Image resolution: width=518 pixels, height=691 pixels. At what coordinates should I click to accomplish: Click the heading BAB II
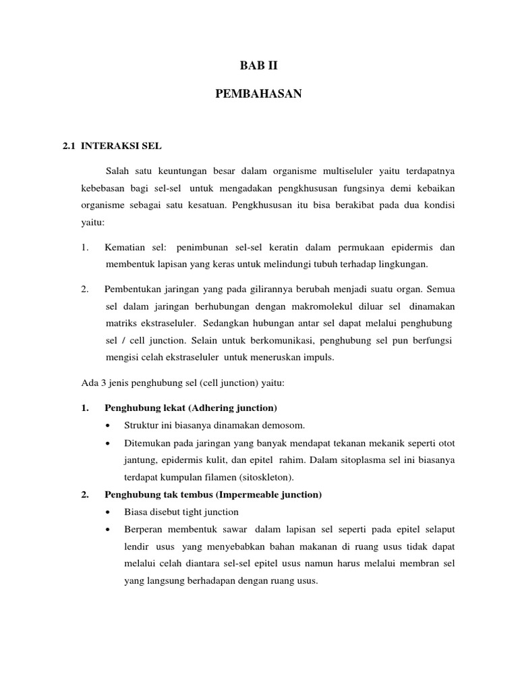point(259,66)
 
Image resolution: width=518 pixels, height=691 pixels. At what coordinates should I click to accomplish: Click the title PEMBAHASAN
point(259,95)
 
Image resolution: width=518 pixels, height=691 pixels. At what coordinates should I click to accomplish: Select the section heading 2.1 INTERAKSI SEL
point(112,145)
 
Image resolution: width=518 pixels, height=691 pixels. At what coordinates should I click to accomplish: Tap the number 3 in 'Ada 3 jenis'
point(100,383)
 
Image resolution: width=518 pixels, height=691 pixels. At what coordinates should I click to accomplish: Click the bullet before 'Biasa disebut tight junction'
point(109,512)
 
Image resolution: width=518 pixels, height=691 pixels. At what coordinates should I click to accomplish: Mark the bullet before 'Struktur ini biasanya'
point(109,426)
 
